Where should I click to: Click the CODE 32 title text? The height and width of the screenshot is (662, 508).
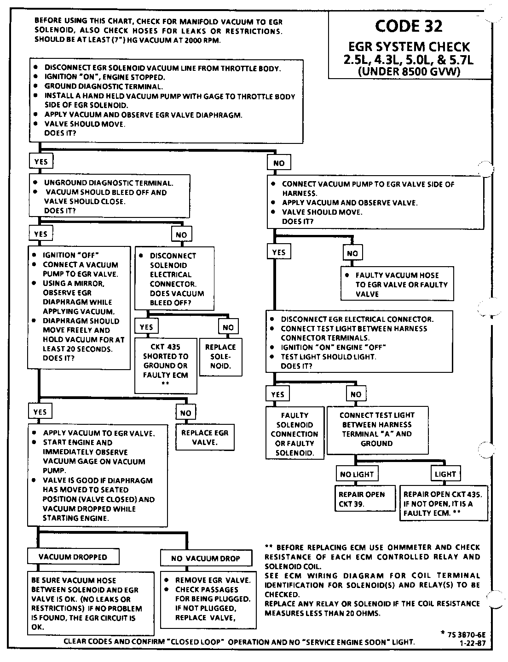pos(409,26)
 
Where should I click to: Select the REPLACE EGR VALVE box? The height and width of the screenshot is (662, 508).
pos(205,437)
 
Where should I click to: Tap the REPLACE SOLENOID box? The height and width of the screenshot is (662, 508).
pos(220,357)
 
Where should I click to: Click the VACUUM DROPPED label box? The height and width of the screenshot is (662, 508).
pos(73,557)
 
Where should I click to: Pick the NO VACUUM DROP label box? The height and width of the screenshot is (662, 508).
pos(206,558)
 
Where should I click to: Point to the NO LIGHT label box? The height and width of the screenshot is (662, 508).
pos(357,474)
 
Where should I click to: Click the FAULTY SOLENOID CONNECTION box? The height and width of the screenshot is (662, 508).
pos(294,434)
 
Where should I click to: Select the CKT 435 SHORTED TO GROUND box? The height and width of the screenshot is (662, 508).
pos(166,365)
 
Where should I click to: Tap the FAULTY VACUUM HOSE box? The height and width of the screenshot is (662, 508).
pos(397,285)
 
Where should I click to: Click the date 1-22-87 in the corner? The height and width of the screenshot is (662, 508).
pos(472,643)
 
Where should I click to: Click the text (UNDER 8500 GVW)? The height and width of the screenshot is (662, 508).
pos(409,71)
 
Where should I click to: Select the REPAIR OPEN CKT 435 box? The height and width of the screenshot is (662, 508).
pos(443,504)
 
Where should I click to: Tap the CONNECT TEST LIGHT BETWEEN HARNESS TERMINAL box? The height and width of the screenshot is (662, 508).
pos(377,429)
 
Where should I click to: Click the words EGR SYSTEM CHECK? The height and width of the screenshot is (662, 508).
pos(409,47)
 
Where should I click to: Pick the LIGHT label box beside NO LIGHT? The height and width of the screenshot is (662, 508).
pos(445,474)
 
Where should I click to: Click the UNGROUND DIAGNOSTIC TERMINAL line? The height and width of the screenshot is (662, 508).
pos(109,183)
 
